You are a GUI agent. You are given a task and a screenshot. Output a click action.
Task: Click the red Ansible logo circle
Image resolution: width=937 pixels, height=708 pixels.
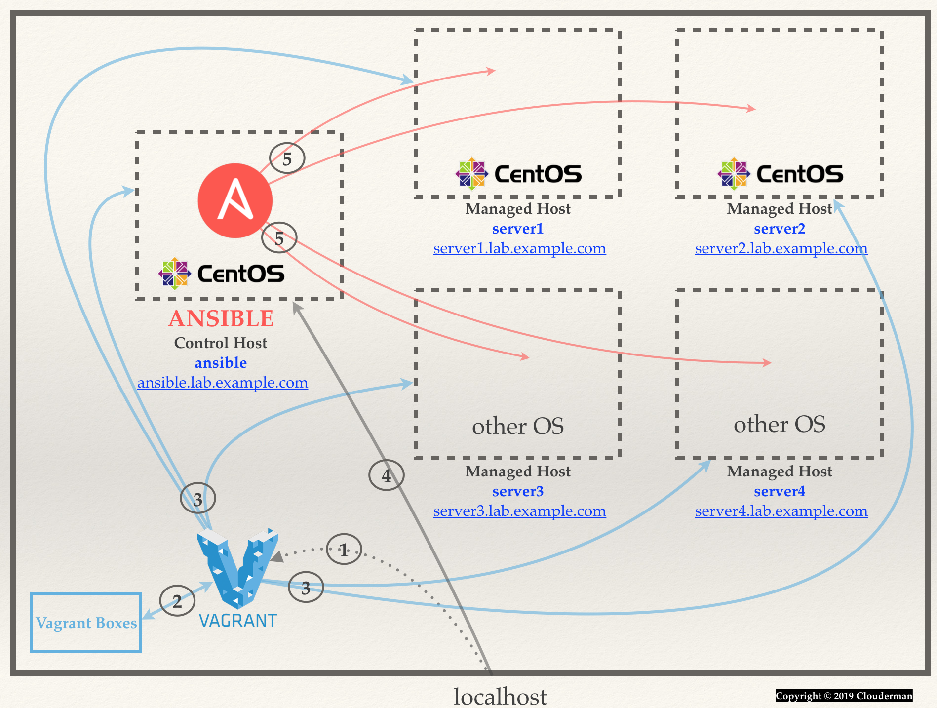[x=235, y=200]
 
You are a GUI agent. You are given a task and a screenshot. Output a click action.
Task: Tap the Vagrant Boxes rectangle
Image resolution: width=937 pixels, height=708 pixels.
[x=86, y=623]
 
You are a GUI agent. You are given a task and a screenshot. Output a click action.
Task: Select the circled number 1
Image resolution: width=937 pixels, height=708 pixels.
[x=344, y=550]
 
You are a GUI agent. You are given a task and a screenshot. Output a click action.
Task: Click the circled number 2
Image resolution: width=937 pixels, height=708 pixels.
[x=177, y=601]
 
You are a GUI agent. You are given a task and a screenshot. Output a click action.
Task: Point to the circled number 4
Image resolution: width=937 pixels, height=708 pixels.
[x=387, y=475]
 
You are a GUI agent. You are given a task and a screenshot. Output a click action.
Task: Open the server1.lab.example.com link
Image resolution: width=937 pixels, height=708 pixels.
[x=519, y=248]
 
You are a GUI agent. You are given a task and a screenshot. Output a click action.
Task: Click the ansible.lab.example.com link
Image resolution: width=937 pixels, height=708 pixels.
[x=222, y=383]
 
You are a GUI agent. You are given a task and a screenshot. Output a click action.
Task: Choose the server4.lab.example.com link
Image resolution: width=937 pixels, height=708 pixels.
[x=781, y=511]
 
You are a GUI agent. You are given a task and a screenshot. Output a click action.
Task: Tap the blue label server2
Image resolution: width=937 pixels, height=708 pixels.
[x=780, y=229]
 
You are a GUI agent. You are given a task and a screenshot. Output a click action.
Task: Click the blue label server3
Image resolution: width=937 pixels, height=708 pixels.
[x=518, y=491]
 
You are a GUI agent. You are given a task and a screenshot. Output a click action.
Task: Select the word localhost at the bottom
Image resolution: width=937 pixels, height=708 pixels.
[x=500, y=696]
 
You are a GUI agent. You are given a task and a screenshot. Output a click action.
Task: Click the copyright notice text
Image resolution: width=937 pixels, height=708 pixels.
[x=844, y=696]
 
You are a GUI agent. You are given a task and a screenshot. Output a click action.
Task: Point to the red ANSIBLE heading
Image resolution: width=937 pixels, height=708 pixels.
[x=221, y=318]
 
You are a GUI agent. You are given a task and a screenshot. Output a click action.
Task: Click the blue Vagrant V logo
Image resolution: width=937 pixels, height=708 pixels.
[x=237, y=568]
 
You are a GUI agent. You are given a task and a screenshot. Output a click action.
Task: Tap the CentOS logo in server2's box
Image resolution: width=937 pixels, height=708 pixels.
[x=781, y=174]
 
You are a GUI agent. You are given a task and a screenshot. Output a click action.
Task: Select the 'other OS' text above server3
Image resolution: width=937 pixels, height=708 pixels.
[x=518, y=426]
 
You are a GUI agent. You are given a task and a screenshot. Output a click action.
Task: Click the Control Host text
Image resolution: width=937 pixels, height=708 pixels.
[x=221, y=343]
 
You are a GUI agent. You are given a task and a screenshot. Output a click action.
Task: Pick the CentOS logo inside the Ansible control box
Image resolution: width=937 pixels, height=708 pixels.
[x=222, y=274]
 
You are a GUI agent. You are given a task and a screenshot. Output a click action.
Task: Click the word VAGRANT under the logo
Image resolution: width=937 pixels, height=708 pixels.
[x=238, y=621]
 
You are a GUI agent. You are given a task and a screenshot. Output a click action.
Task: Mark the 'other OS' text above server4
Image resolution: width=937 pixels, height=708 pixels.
[x=780, y=424]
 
